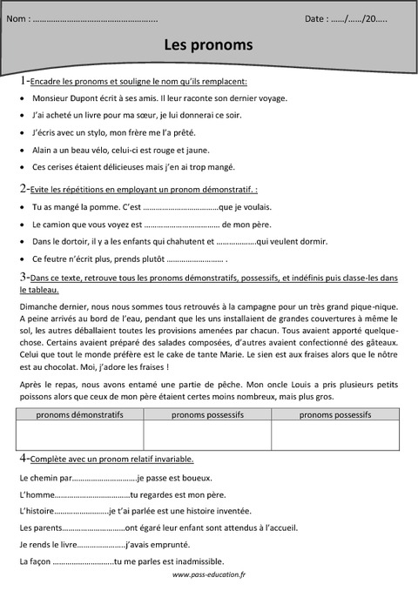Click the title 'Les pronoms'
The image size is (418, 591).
(x=209, y=44)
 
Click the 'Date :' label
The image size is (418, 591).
(x=318, y=18)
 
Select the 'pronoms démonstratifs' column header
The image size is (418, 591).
(x=80, y=416)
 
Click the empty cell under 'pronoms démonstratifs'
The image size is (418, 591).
(x=80, y=435)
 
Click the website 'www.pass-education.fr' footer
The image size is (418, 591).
(x=209, y=575)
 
